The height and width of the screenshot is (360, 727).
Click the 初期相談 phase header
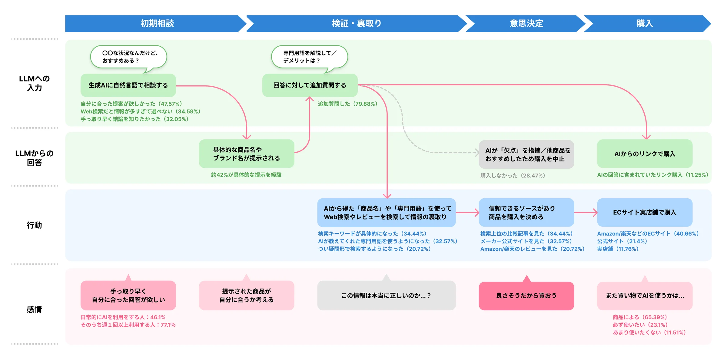(157, 24)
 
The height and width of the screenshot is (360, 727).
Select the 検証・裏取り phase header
(356, 24)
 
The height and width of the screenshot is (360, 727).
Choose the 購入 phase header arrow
(644, 24)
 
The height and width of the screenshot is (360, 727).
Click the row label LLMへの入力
(34, 83)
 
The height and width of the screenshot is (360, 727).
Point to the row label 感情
(34, 309)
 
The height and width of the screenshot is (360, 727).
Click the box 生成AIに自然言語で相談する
(128, 85)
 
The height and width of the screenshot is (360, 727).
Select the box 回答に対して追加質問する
(310, 85)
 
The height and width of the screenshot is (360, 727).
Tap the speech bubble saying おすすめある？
(128, 57)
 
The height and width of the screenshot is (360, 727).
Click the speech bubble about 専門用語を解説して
(309, 57)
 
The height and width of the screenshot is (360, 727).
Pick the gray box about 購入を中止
(526, 154)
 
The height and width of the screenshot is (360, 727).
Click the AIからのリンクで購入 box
(645, 154)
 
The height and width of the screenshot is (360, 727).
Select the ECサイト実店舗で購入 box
(645, 212)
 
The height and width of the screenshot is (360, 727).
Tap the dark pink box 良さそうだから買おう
(526, 296)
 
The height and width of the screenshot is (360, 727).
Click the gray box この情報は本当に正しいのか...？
(386, 296)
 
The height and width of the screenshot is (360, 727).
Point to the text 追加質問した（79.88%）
(347, 104)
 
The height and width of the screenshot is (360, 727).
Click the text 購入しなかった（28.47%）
(513, 176)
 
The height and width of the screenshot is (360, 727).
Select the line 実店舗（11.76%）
(618, 249)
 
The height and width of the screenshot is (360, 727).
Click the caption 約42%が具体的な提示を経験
(246, 175)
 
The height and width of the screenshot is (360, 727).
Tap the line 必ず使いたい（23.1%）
(640, 325)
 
